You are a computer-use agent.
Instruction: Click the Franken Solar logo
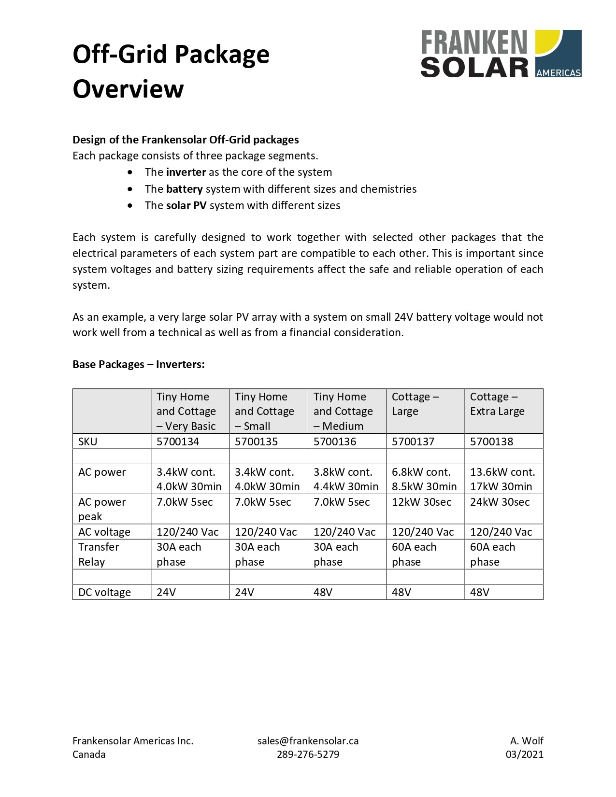pos(501,54)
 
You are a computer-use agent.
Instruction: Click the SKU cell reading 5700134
pos(178,441)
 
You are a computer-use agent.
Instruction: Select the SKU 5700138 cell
pos(491,441)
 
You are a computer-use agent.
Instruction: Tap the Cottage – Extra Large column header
pos(497,404)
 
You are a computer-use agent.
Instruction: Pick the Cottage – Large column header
pos(415,404)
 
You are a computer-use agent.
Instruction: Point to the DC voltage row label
pos(104,592)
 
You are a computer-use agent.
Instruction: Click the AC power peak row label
pos(102,509)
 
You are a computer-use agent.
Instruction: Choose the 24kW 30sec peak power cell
pos(500,502)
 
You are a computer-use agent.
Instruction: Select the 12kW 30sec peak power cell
pos(421,502)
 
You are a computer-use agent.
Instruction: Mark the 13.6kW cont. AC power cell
pos(502,472)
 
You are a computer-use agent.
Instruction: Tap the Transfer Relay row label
pos(99,555)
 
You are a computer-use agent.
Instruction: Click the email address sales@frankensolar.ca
pos(308,741)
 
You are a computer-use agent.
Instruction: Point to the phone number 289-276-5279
pos(308,754)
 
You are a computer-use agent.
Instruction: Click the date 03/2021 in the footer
pos(524,754)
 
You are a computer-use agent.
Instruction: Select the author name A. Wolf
pos(526,741)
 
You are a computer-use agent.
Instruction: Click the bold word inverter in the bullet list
pos(186,172)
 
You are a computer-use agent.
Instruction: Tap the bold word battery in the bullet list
pos(184,189)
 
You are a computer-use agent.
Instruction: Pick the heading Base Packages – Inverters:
pos(139,365)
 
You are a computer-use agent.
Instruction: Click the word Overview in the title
pos(128,89)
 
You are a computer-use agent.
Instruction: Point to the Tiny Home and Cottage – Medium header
pos(343,411)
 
